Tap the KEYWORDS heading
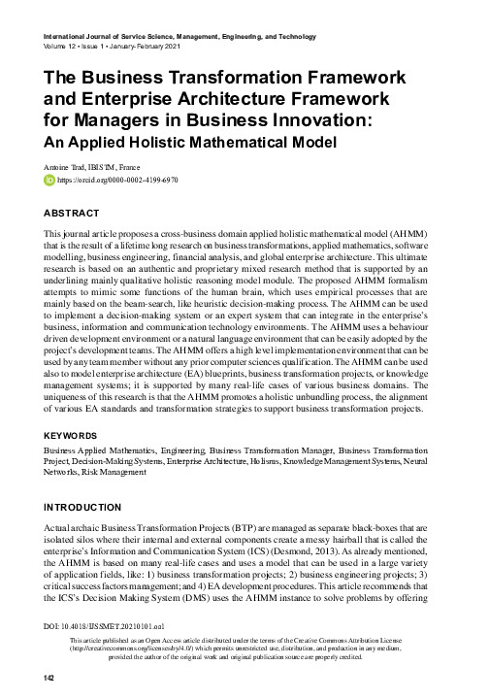(73, 437)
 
